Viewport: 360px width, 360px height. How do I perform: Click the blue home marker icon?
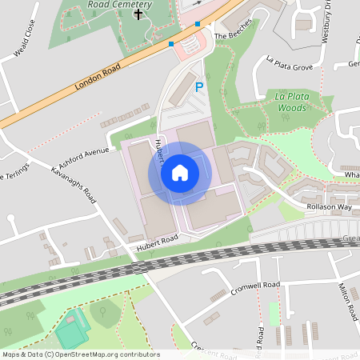tap(180, 172)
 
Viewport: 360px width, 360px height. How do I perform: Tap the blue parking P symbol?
tap(199, 86)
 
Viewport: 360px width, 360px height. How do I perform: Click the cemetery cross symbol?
tap(138, 14)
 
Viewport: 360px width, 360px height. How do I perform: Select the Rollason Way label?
tap(329, 206)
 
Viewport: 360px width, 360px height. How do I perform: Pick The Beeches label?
tap(233, 36)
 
